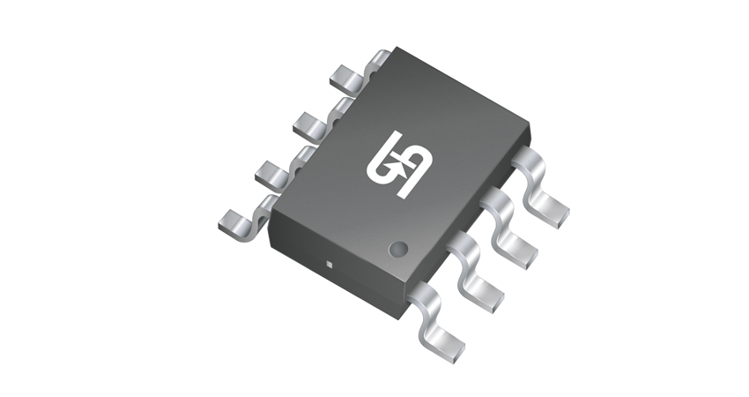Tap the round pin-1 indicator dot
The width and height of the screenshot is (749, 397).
pyautogui.click(x=398, y=249)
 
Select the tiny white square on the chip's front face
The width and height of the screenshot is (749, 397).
pyautogui.click(x=328, y=263)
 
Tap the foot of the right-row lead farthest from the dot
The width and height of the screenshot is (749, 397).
pyautogui.click(x=552, y=211)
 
